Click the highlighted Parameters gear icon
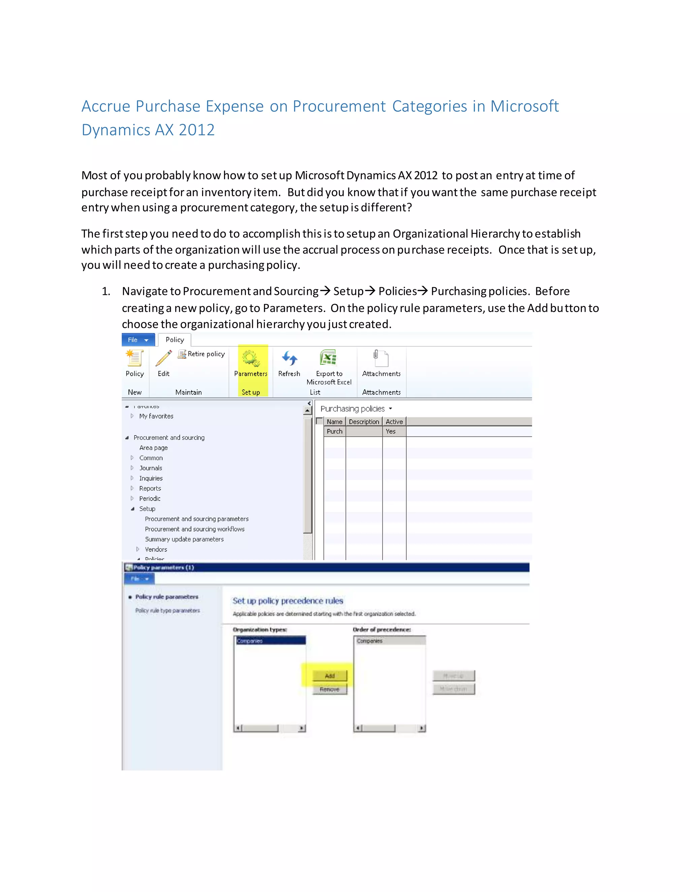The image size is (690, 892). pyautogui.click(x=251, y=358)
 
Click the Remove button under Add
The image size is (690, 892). pyautogui.click(x=330, y=689)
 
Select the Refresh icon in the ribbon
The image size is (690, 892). pyautogui.click(x=289, y=358)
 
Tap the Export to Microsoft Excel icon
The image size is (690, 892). pyautogui.click(x=328, y=358)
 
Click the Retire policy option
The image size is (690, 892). pyautogui.click(x=201, y=354)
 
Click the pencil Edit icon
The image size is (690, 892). pyautogui.click(x=163, y=358)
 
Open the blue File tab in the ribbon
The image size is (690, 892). pyautogui.click(x=138, y=340)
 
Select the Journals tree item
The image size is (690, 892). pyautogui.click(x=150, y=468)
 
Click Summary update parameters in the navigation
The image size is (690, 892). pyautogui.click(x=184, y=539)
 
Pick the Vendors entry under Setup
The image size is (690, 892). pyautogui.click(x=156, y=549)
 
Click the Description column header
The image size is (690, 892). pyautogui.click(x=364, y=421)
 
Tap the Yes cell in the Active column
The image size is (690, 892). pyautogui.click(x=391, y=431)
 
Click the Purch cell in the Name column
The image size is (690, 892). pyautogui.click(x=334, y=431)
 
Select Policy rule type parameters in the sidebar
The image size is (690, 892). pyautogui.click(x=167, y=610)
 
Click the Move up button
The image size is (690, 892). pyautogui.click(x=453, y=676)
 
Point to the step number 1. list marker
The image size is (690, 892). pyautogui.click(x=106, y=291)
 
